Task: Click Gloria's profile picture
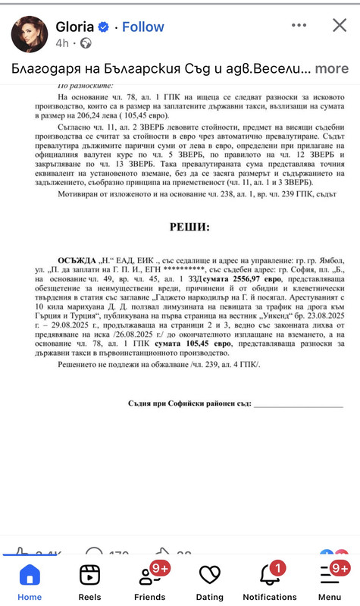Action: pos(30,34)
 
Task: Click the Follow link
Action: pos(143,27)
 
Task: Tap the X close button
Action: pos(340,27)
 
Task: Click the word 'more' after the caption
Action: pos(332,68)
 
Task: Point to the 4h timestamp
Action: pos(62,44)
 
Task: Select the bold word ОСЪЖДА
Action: pos(77,259)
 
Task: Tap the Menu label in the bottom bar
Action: pos(330,597)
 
